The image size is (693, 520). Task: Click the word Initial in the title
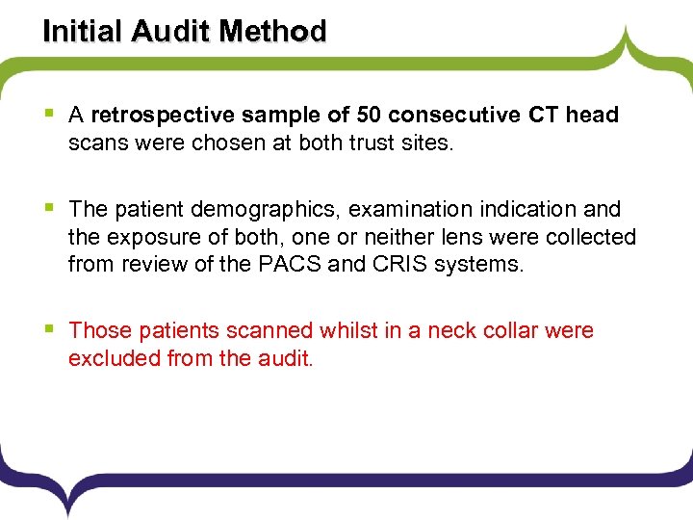click(x=79, y=31)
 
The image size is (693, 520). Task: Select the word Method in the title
click(x=272, y=31)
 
